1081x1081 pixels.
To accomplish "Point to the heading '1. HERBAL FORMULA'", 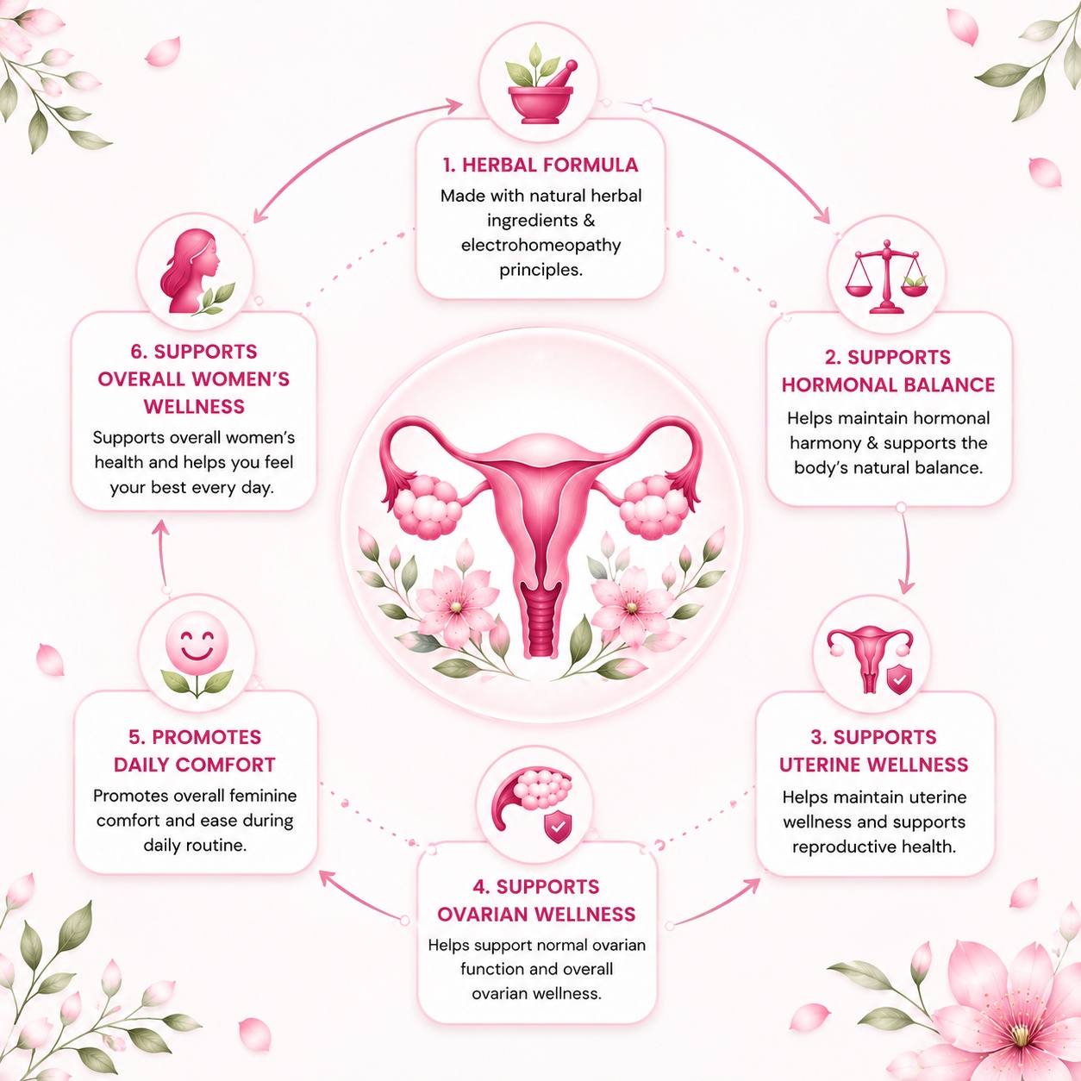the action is click(540, 165).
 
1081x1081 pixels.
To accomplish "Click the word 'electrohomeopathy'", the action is click(540, 245).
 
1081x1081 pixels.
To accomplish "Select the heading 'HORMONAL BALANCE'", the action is click(888, 384).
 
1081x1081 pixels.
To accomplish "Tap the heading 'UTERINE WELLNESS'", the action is click(873, 765).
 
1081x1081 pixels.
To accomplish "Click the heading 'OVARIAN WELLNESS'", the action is click(536, 915).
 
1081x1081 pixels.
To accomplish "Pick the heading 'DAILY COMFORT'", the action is click(195, 765).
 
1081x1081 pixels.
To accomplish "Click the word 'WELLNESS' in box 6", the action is click(194, 407).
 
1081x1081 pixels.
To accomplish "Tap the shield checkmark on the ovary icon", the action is click(558, 827).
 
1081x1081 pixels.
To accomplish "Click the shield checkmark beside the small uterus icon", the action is click(899, 679).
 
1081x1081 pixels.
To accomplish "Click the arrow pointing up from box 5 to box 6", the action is click(163, 555).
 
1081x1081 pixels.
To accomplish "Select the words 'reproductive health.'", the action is click(873, 846).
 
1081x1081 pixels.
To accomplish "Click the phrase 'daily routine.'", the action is click(195, 845).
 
